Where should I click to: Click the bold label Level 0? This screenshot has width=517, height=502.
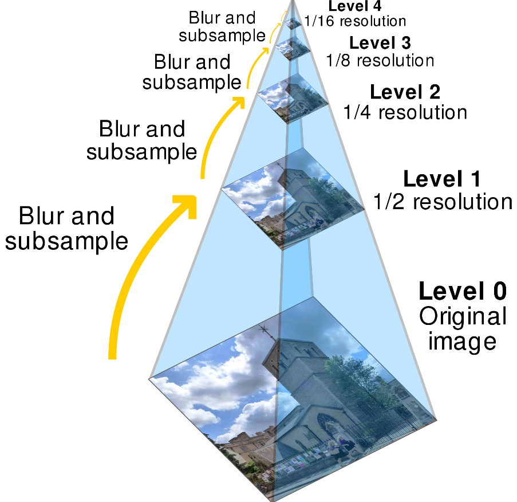pyautogui.click(x=463, y=291)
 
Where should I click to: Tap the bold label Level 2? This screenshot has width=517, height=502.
pyautogui.click(x=405, y=92)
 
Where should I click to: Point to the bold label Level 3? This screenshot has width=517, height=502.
pyautogui.click(x=380, y=42)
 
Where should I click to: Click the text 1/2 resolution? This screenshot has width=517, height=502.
pyautogui.click(x=442, y=202)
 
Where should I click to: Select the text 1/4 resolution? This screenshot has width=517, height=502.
pyautogui.click(x=405, y=112)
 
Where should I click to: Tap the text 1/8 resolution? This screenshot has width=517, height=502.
pyautogui.click(x=380, y=60)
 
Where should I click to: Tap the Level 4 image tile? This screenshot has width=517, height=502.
pyautogui.click(x=293, y=24)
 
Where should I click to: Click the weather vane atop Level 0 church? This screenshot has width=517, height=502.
pyautogui.click(x=265, y=331)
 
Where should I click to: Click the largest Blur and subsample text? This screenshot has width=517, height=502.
pyautogui.click(x=66, y=229)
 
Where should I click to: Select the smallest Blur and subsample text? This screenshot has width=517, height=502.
pyautogui.click(x=222, y=26)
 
